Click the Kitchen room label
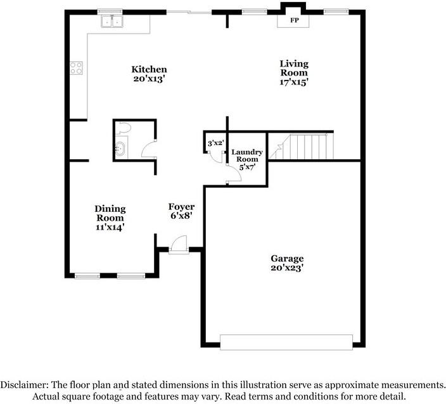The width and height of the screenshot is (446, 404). click(149, 69)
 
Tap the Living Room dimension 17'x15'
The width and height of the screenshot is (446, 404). click(294, 82)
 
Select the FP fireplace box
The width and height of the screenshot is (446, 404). click(294, 20)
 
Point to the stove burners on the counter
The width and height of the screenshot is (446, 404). click(77, 67)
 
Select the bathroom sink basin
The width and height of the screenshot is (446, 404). click(120, 150)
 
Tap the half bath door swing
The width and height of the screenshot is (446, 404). click(148, 149)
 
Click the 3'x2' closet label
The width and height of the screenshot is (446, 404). click(215, 143)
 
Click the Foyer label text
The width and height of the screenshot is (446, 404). click(181, 207)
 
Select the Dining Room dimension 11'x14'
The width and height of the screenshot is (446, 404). click(110, 226)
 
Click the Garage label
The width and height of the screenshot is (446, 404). click(287, 258)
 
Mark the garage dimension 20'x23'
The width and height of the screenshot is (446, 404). click(287, 268)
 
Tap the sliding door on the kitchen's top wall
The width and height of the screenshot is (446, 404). click(189, 11)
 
